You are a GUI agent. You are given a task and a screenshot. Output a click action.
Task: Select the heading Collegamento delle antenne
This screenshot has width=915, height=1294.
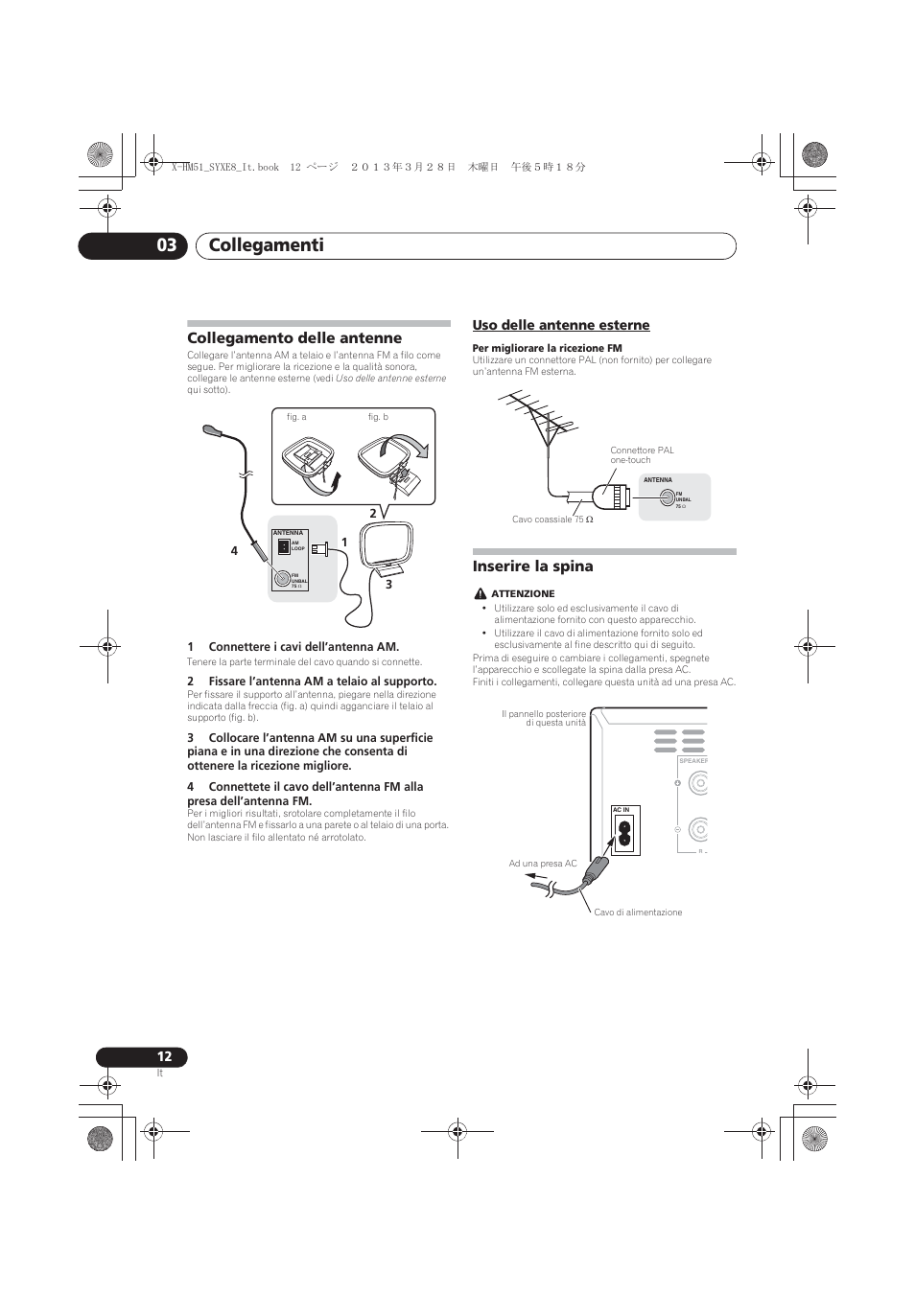(x=294, y=338)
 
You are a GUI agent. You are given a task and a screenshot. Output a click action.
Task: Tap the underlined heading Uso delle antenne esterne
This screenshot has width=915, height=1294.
(x=560, y=326)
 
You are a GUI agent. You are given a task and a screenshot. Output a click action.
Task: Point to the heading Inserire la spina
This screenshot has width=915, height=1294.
(x=532, y=566)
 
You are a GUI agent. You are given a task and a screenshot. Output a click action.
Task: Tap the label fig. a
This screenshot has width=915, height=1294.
(x=296, y=417)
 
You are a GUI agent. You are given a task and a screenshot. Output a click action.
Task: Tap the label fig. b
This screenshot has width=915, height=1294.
(x=378, y=417)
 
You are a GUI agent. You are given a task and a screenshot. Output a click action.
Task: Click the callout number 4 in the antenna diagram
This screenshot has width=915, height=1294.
(x=233, y=551)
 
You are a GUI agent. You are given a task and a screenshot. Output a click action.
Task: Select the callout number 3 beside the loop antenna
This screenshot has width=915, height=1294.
(x=389, y=584)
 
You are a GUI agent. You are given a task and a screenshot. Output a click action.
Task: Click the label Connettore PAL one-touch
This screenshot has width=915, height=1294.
(x=642, y=454)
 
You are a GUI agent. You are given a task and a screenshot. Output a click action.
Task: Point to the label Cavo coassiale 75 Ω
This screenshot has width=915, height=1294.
(x=551, y=520)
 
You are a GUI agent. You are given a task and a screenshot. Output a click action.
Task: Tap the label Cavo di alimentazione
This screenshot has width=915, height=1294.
(x=638, y=913)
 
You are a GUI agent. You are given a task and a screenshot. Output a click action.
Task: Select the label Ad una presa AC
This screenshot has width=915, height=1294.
(x=543, y=864)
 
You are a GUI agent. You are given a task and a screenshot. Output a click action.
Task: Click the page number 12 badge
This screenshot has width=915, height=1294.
(x=164, y=1056)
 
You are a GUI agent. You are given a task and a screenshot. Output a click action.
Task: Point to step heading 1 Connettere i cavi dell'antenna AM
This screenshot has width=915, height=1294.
(x=293, y=647)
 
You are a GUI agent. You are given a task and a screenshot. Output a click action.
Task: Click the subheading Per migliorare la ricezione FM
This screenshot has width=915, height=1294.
(x=547, y=348)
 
